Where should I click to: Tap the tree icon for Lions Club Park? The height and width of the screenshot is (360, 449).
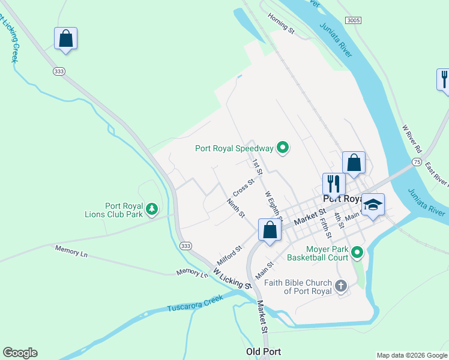(x=152, y=209)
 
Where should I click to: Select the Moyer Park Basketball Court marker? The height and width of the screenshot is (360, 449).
(x=357, y=253)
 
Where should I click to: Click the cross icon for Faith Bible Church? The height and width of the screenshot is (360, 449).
(x=341, y=286)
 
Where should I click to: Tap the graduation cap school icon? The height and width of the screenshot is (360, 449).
(x=372, y=204)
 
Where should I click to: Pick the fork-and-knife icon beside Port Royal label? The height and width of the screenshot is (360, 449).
(x=334, y=183)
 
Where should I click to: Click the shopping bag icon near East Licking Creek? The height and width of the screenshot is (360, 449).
(x=66, y=39)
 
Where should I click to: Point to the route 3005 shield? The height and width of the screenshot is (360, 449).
(x=354, y=20)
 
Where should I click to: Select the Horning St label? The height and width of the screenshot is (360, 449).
(x=281, y=23)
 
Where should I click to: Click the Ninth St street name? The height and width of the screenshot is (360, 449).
(x=236, y=206)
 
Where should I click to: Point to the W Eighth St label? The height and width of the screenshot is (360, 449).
(x=273, y=204)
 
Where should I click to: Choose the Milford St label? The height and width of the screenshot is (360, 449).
(x=229, y=254)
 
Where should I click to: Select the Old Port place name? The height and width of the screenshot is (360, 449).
(x=263, y=352)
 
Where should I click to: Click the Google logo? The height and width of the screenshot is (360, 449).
(x=20, y=353)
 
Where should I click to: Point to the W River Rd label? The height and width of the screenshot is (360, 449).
(x=413, y=137)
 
